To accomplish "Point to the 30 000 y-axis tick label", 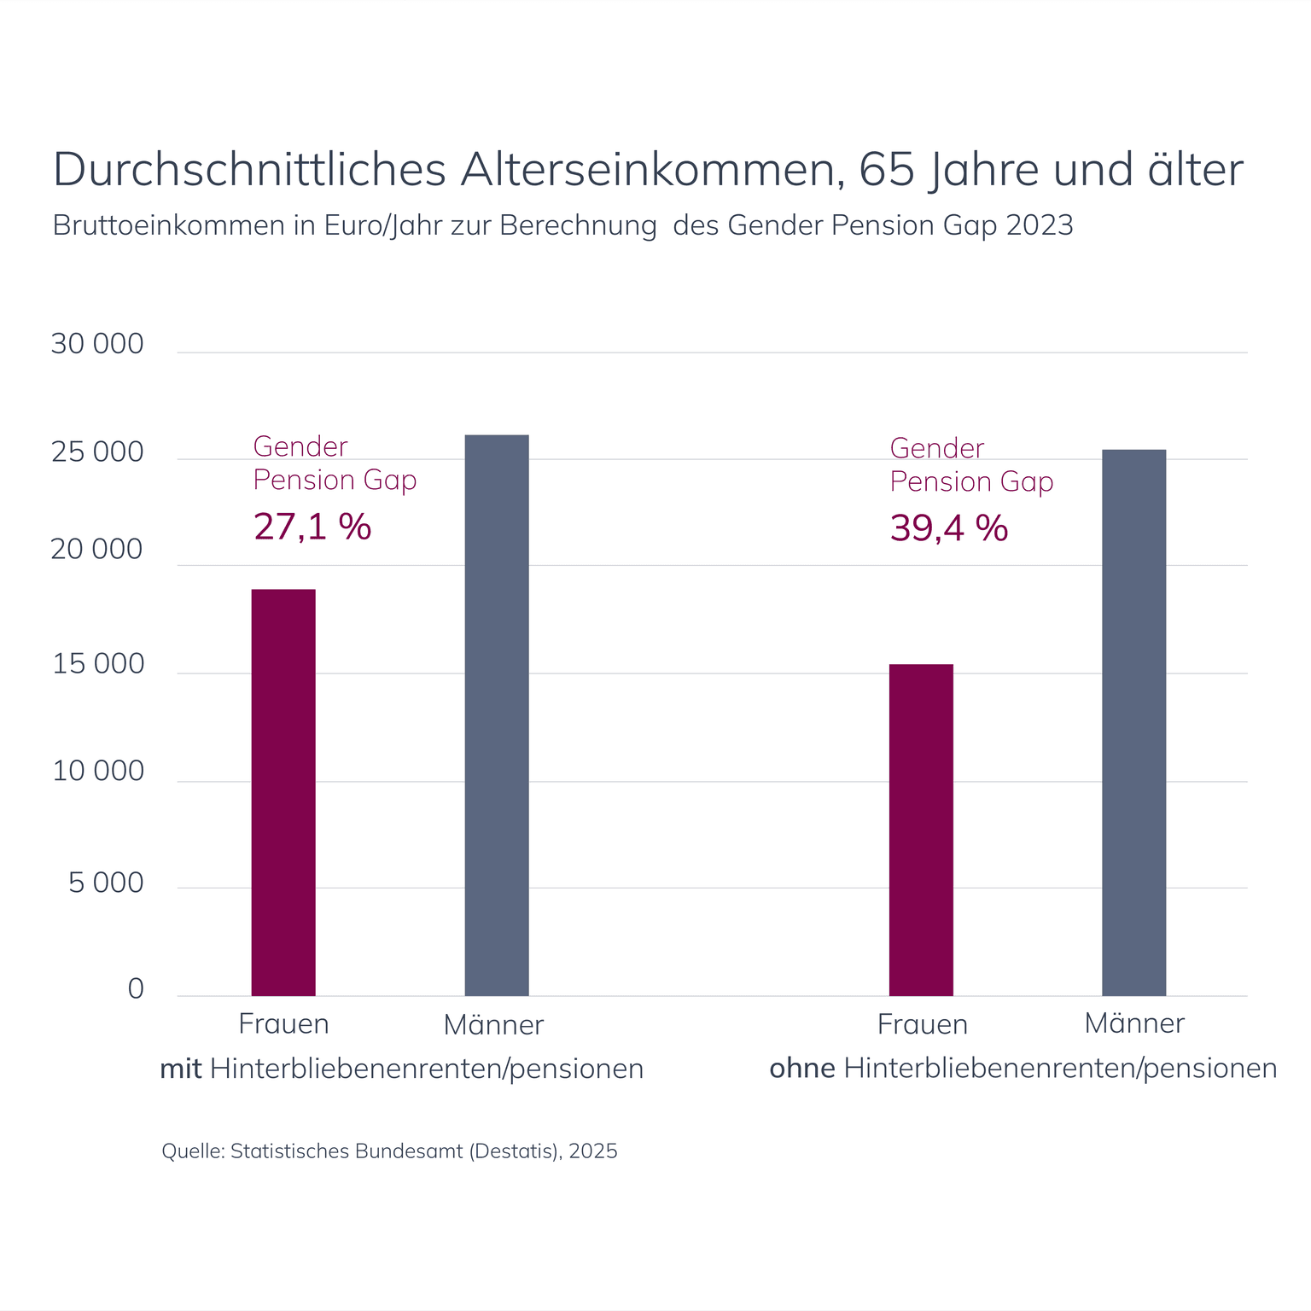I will pyautogui.click(x=97, y=344).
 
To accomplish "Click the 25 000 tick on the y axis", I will pyautogui.click(x=97, y=452).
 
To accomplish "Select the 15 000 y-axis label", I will pyautogui.click(x=98, y=664).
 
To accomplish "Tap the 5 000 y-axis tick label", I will pyautogui.click(x=107, y=883).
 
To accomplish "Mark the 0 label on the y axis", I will pyautogui.click(x=136, y=988).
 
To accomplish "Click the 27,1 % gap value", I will pyautogui.click(x=312, y=527).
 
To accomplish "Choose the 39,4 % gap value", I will pyautogui.click(x=949, y=528).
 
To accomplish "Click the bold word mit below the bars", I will pyautogui.click(x=181, y=1069).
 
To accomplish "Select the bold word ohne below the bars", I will pyautogui.click(x=802, y=1069).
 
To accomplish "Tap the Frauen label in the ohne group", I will pyautogui.click(x=923, y=1024).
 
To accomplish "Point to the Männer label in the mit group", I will pyautogui.click(x=493, y=1024).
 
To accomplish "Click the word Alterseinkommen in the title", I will pyautogui.click(x=648, y=169).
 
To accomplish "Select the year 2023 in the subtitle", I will pyautogui.click(x=1040, y=225).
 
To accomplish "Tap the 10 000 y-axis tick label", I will pyautogui.click(x=98, y=771).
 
